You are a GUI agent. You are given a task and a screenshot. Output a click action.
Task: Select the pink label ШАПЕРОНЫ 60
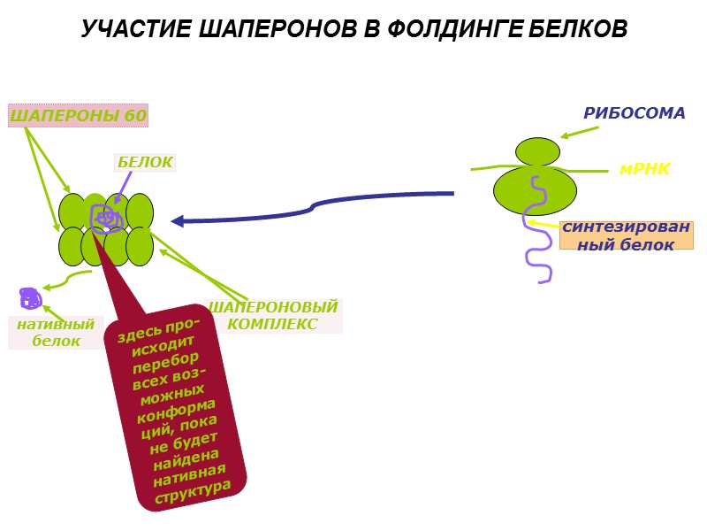click(x=78, y=115)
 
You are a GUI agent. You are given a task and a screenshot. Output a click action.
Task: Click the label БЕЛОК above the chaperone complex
click(x=145, y=162)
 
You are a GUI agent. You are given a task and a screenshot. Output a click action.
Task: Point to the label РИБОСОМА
click(x=634, y=113)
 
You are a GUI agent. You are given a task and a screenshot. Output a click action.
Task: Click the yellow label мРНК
click(x=645, y=169)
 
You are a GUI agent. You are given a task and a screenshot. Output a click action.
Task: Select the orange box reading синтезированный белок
click(x=626, y=235)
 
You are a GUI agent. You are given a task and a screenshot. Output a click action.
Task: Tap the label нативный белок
click(x=56, y=333)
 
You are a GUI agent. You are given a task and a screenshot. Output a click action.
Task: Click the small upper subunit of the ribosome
click(x=537, y=151)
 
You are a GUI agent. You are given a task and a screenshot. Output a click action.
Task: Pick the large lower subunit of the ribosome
click(x=535, y=191)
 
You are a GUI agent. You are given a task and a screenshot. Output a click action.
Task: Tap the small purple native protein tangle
click(x=30, y=298)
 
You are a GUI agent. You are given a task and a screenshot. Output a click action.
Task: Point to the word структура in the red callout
click(x=193, y=492)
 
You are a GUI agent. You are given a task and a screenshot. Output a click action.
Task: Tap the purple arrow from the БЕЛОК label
click(x=124, y=188)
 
